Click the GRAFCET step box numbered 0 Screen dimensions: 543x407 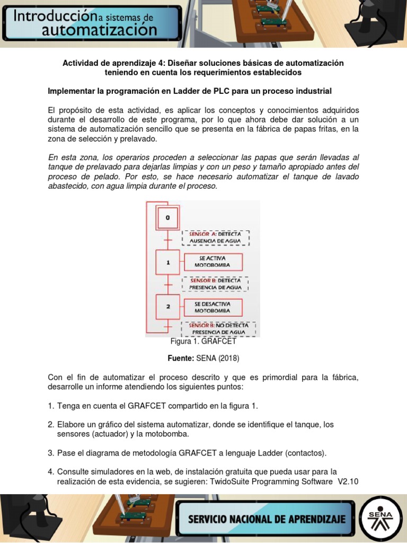click(x=168, y=217)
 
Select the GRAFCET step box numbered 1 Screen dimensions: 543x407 click(x=168, y=261)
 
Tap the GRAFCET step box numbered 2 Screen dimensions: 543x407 click(x=168, y=306)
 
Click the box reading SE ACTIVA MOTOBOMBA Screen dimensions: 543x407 click(x=213, y=261)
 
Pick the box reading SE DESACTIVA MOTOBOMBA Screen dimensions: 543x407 click(x=213, y=307)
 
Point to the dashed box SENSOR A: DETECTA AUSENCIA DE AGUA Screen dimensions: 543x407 click(x=216, y=237)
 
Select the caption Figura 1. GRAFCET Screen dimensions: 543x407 click(x=203, y=341)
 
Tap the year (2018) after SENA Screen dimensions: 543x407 click(x=228, y=358)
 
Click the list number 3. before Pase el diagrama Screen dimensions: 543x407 click(x=51, y=453)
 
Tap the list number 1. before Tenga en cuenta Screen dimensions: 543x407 click(x=51, y=406)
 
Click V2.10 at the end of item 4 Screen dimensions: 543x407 click(x=348, y=481)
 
